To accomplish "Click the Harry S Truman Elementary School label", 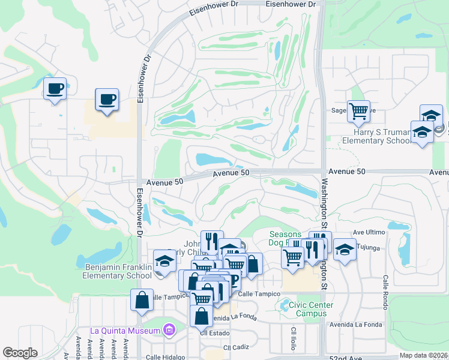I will click(x=376, y=136).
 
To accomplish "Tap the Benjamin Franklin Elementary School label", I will click(x=119, y=271).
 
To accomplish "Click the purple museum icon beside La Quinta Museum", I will click(x=169, y=330).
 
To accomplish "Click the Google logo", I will click(x=20, y=353).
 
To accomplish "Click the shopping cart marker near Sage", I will click(x=358, y=110).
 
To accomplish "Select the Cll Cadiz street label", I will click(x=235, y=347).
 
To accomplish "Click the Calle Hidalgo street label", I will click(x=163, y=358).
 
